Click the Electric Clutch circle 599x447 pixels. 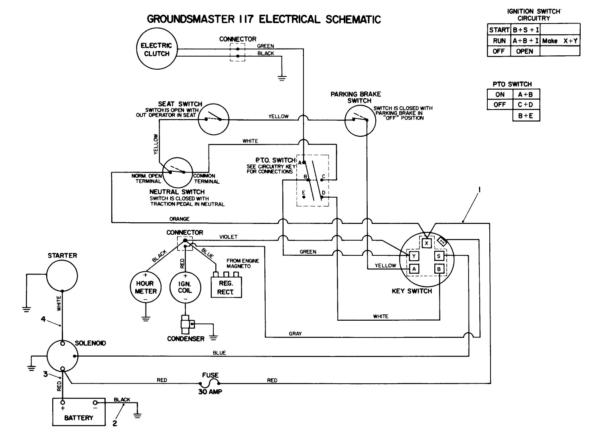point(156,49)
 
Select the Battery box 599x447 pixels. point(79,412)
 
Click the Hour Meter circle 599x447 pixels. point(146,287)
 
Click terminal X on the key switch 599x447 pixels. point(427,243)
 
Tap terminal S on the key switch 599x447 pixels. point(439,256)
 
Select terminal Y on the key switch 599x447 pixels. point(414,256)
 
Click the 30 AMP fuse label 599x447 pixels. point(210,392)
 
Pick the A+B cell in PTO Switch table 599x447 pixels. point(526,94)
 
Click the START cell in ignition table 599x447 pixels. point(499,30)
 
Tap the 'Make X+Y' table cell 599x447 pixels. point(560,41)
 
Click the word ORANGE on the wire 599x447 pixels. point(179,219)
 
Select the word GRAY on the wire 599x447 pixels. point(295,333)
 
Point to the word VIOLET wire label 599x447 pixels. point(229,237)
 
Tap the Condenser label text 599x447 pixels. point(185,339)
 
